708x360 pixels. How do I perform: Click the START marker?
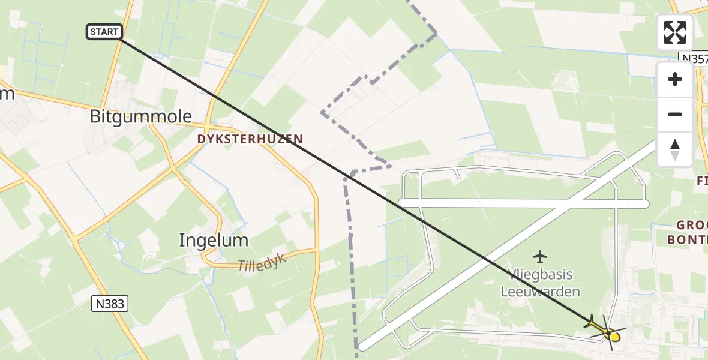(105, 32)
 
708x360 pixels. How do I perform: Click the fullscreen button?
(675, 32)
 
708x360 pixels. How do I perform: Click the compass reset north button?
(675, 149)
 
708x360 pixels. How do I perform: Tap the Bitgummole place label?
(141, 116)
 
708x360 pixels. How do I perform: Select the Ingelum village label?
(214, 241)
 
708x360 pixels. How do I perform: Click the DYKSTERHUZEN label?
(250, 139)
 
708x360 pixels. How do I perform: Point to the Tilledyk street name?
(262, 262)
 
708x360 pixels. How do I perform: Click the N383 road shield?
(110, 304)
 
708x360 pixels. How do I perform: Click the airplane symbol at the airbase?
(540, 257)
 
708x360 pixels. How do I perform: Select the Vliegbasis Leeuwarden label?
(541, 283)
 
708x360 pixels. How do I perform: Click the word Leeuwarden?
(541, 292)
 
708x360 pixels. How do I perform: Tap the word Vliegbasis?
(541, 275)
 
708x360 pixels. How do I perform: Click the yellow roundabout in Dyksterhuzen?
(208, 130)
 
